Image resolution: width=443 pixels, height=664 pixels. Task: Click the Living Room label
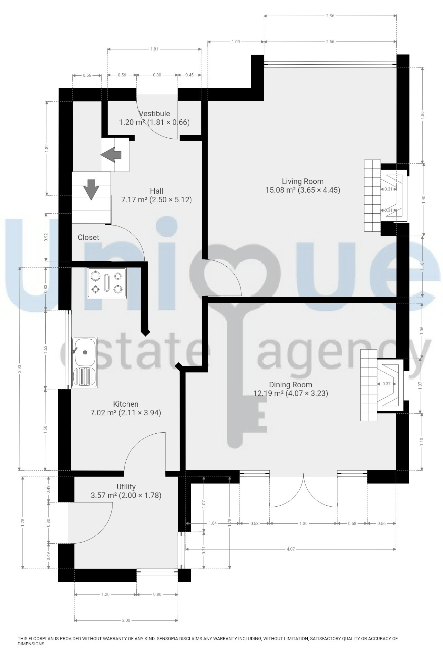pos(302,181)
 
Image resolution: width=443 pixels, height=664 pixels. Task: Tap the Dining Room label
pos(290,385)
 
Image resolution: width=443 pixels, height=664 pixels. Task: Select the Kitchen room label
pos(126,404)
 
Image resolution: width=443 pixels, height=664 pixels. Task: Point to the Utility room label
pos(126,487)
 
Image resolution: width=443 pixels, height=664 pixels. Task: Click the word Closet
pos(88,237)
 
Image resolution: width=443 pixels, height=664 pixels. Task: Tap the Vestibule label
pos(154,113)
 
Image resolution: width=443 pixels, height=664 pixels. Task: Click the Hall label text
pos(156,191)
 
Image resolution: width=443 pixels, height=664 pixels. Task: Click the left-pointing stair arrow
pos(111,154)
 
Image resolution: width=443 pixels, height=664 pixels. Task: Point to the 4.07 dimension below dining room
pos(290,549)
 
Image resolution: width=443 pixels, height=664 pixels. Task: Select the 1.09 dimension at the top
pos(235,42)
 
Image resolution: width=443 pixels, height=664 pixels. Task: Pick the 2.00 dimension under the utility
pos(126,620)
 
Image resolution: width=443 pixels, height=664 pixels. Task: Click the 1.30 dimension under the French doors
pos(303,523)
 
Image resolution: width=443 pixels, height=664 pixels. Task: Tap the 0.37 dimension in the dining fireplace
pos(387,384)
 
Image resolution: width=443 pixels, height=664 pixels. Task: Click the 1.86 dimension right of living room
pos(422,115)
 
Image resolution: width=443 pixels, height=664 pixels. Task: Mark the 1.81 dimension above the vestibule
pos(154,49)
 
